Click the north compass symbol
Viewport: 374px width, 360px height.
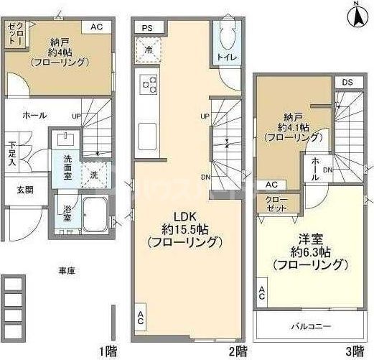point(357,15)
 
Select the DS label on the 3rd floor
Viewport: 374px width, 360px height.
point(347,82)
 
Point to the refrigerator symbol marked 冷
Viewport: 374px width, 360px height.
point(149,50)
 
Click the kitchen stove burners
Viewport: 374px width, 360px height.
point(149,85)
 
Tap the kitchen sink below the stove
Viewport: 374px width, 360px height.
point(147,134)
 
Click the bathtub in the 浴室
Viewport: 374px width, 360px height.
point(93,211)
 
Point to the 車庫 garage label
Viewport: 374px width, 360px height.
point(68,271)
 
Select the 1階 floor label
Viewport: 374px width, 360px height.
point(108,351)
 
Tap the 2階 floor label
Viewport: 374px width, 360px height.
point(238,351)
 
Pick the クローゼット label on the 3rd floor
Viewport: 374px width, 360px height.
point(273,203)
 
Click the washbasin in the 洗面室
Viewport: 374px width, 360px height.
point(69,137)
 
